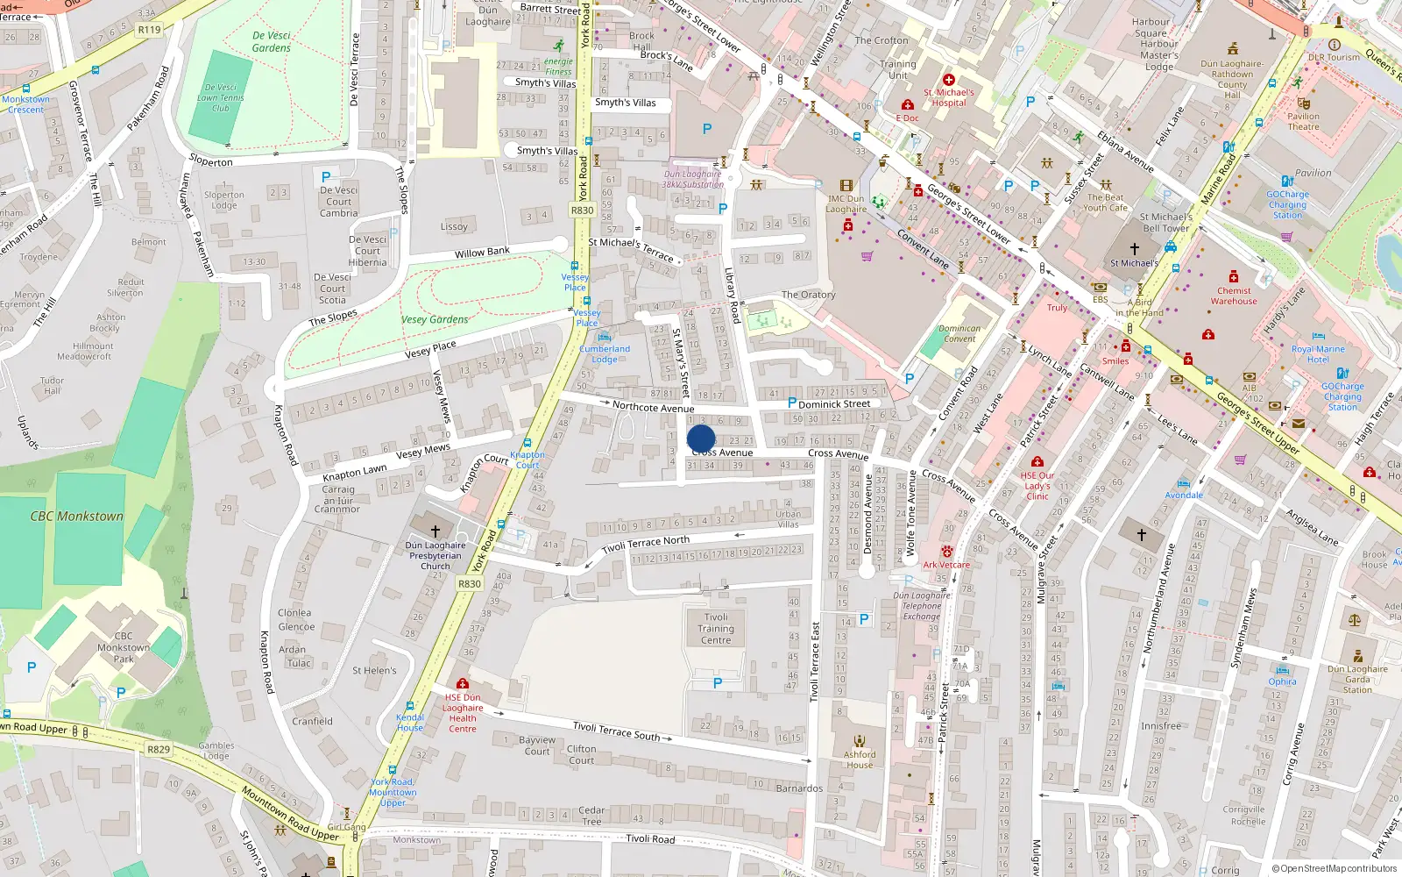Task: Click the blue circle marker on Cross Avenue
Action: (x=701, y=439)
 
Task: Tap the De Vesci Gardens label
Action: (x=271, y=42)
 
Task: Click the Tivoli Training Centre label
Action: (x=716, y=629)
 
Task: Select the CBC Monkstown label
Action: (x=77, y=517)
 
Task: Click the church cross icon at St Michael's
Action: (x=1135, y=249)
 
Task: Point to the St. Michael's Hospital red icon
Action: (x=948, y=80)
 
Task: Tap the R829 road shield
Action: (x=159, y=750)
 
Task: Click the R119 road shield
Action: (x=150, y=30)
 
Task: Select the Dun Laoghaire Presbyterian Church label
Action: (x=435, y=555)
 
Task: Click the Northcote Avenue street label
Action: (x=653, y=407)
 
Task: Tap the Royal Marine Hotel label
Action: (x=1318, y=354)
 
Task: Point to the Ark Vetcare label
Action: (x=946, y=565)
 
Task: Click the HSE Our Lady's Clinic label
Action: (x=1037, y=486)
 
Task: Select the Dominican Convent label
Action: (x=959, y=333)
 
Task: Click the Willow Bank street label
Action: (x=482, y=253)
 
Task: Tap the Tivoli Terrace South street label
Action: (x=616, y=731)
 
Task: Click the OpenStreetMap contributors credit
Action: (x=1334, y=868)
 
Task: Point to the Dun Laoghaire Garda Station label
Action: (x=1357, y=679)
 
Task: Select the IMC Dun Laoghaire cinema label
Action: (x=846, y=203)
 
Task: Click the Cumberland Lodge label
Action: (x=605, y=353)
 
